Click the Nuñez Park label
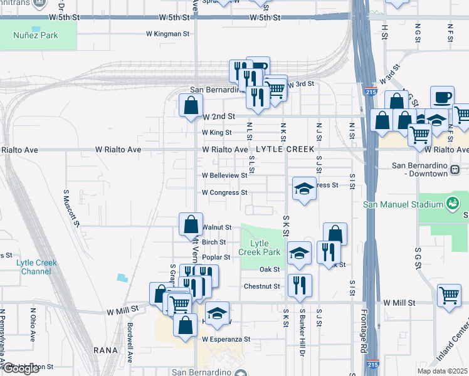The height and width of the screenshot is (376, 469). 36,35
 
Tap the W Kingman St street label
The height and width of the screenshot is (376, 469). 167,34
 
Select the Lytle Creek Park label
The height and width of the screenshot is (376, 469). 259,248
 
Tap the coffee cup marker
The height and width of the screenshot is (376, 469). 442,97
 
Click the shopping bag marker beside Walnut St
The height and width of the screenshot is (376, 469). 191,224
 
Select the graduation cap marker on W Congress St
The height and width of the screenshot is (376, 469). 304,189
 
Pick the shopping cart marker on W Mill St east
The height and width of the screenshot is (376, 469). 449,295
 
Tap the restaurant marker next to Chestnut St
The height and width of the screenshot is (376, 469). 300,285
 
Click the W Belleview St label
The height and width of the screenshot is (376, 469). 224,175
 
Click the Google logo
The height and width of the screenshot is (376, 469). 21,368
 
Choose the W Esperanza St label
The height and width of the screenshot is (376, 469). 226,339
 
